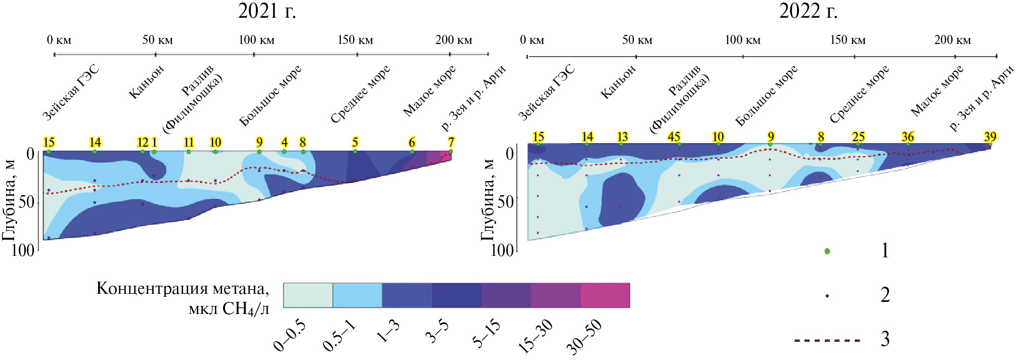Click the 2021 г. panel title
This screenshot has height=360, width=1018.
tap(267, 11)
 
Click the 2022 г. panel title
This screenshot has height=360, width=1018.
tap(808, 11)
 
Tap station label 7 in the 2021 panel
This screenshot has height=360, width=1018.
tap(451, 142)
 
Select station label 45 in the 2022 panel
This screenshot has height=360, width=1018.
tap(674, 137)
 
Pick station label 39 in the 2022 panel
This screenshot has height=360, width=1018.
tap(990, 137)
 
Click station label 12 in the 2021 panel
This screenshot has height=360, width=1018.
tap(143, 142)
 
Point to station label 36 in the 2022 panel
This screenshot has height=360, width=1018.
tap(908, 137)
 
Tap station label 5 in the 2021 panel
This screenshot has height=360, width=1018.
tap(355, 142)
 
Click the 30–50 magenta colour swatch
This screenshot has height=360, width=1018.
tap(605, 295)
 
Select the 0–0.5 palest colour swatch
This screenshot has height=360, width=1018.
tap(308, 295)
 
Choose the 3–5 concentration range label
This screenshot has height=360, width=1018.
tap(437, 332)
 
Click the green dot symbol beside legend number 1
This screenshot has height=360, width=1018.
tap(827, 251)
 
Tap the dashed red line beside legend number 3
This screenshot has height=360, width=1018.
tap(827, 340)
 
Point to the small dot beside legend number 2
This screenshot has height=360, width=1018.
tap(827, 296)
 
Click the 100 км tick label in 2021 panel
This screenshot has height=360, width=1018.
tap(256, 40)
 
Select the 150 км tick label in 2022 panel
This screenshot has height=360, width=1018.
tap(848, 40)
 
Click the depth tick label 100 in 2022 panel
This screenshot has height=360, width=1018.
tap(502, 250)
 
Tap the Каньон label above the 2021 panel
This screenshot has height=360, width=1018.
tap(147, 82)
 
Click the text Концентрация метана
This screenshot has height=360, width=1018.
tap(183, 289)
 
